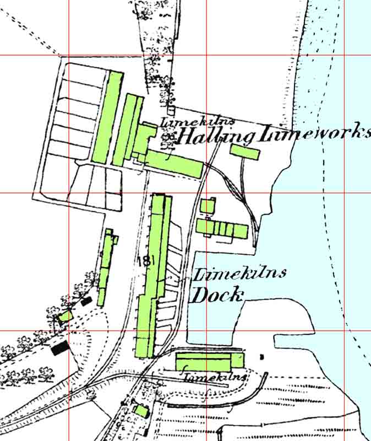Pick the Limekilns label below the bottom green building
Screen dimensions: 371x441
214,378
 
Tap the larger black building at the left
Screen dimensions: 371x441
60,348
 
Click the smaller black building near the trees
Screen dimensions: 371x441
86,301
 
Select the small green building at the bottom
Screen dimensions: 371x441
141,411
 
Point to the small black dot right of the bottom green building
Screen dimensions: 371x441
261,357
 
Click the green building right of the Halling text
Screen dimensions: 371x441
244,152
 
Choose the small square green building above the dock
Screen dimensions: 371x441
207,206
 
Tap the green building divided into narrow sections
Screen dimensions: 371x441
222,228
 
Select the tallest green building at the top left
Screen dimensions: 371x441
113,116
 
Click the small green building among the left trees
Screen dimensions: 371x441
66,316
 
